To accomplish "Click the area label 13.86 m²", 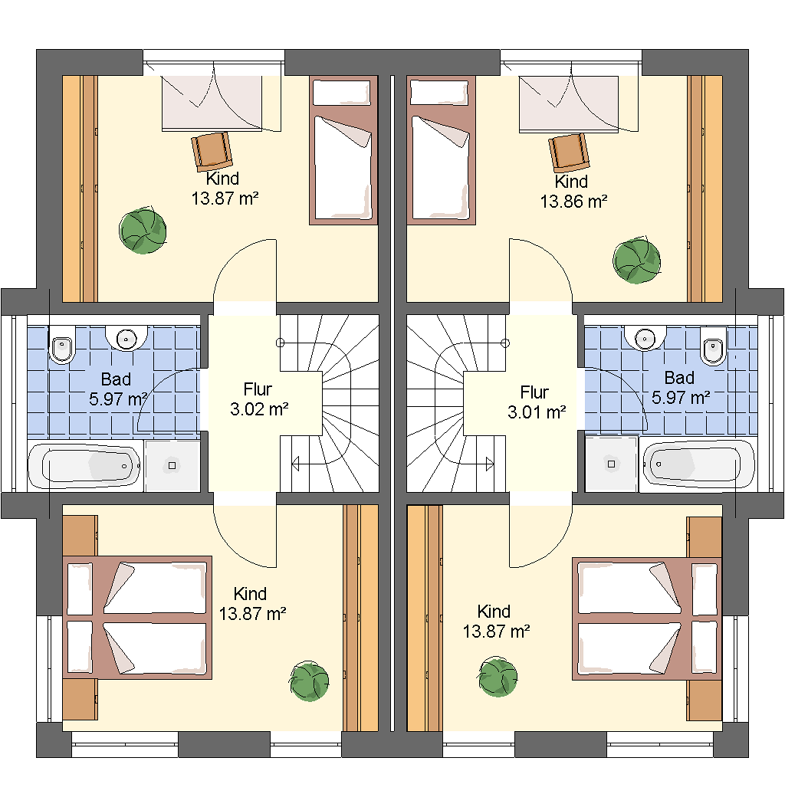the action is [x=573, y=202].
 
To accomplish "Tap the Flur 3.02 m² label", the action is [x=258, y=399].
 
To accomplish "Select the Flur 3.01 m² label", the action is [x=537, y=402].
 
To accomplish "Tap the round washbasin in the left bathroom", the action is [x=126, y=338].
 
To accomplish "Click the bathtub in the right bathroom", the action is [x=698, y=464].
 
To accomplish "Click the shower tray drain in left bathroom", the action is [x=172, y=466].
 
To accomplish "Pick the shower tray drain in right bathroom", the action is [x=611, y=464].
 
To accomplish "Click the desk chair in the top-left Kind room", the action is [x=212, y=151].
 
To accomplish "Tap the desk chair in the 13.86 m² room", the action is [x=568, y=153].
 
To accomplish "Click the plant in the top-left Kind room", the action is [x=143, y=231].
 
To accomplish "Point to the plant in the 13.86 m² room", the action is [x=637, y=261].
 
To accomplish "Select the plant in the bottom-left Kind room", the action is [x=309, y=681].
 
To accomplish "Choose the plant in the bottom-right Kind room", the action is [x=498, y=677].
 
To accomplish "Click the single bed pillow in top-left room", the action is [x=342, y=93].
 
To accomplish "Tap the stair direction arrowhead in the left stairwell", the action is [x=295, y=464].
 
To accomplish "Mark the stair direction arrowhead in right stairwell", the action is [x=490, y=464].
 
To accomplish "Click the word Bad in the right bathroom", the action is [x=679, y=379].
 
